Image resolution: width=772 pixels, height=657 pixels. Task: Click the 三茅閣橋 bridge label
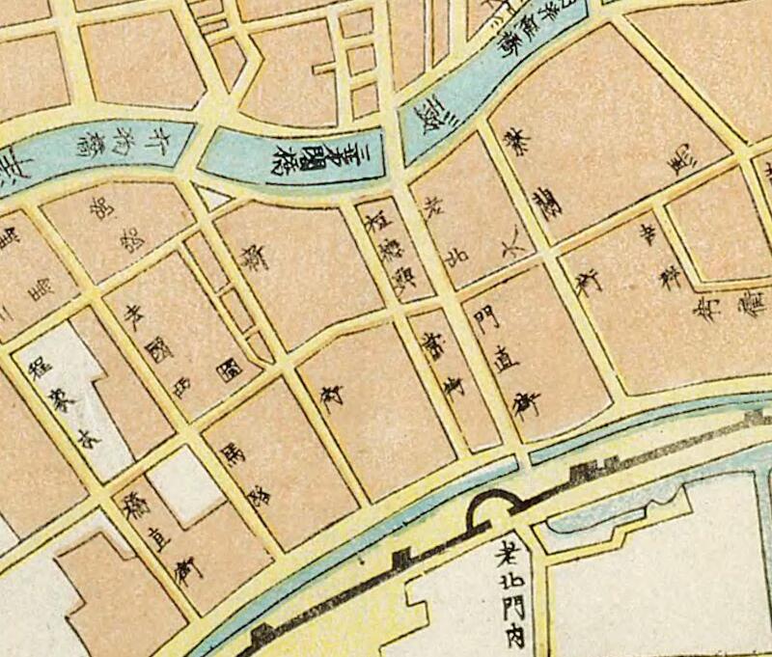[327, 153]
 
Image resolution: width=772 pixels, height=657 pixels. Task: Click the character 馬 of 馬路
[232, 451]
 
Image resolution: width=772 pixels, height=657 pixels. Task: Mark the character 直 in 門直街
[505, 356]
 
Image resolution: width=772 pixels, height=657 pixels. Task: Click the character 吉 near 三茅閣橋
[455, 256]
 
